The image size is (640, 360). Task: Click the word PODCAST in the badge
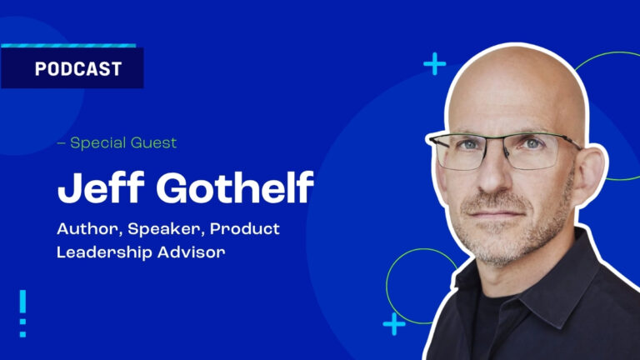pos(78,68)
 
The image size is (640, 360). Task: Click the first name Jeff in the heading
pos(101,187)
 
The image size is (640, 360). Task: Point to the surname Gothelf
pos(235,187)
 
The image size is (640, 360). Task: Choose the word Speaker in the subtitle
pos(166,229)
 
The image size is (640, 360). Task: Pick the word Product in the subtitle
pos(245,228)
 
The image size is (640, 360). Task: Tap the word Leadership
pos(104,252)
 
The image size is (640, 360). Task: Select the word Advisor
pos(192,252)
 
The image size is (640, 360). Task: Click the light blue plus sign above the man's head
pos(435,63)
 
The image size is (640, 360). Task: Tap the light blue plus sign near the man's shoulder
pos(394,324)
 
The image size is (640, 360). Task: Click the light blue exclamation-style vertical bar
pos(22,313)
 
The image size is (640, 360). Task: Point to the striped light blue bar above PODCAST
pos(68,46)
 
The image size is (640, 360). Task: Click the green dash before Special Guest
pos(61,143)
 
